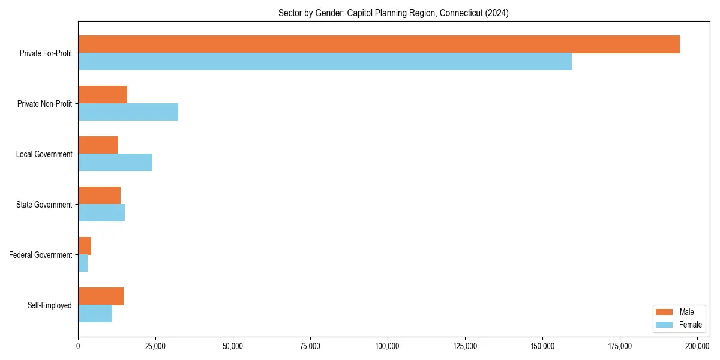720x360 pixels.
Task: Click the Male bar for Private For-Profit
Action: tap(379, 44)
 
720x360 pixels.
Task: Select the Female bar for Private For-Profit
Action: tap(325, 62)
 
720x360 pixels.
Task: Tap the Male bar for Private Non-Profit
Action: tap(103, 95)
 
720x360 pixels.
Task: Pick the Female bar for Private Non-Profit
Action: tap(128, 112)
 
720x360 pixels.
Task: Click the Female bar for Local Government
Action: tap(115, 163)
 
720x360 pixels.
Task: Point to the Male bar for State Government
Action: tap(99, 196)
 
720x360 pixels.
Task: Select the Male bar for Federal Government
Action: tap(85, 246)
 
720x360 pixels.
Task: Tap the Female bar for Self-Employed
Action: tap(95, 314)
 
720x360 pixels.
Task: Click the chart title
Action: tap(393, 13)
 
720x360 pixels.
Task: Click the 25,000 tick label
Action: tap(155, 346)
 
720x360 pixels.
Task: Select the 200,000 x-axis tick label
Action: tap(697, 346)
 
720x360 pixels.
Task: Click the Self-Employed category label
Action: tap(49, 305)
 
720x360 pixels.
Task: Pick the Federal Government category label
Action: tap(41, 255)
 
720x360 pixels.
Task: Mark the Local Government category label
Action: tap(44, 154)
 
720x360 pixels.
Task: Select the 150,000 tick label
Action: tap(542, 346)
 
